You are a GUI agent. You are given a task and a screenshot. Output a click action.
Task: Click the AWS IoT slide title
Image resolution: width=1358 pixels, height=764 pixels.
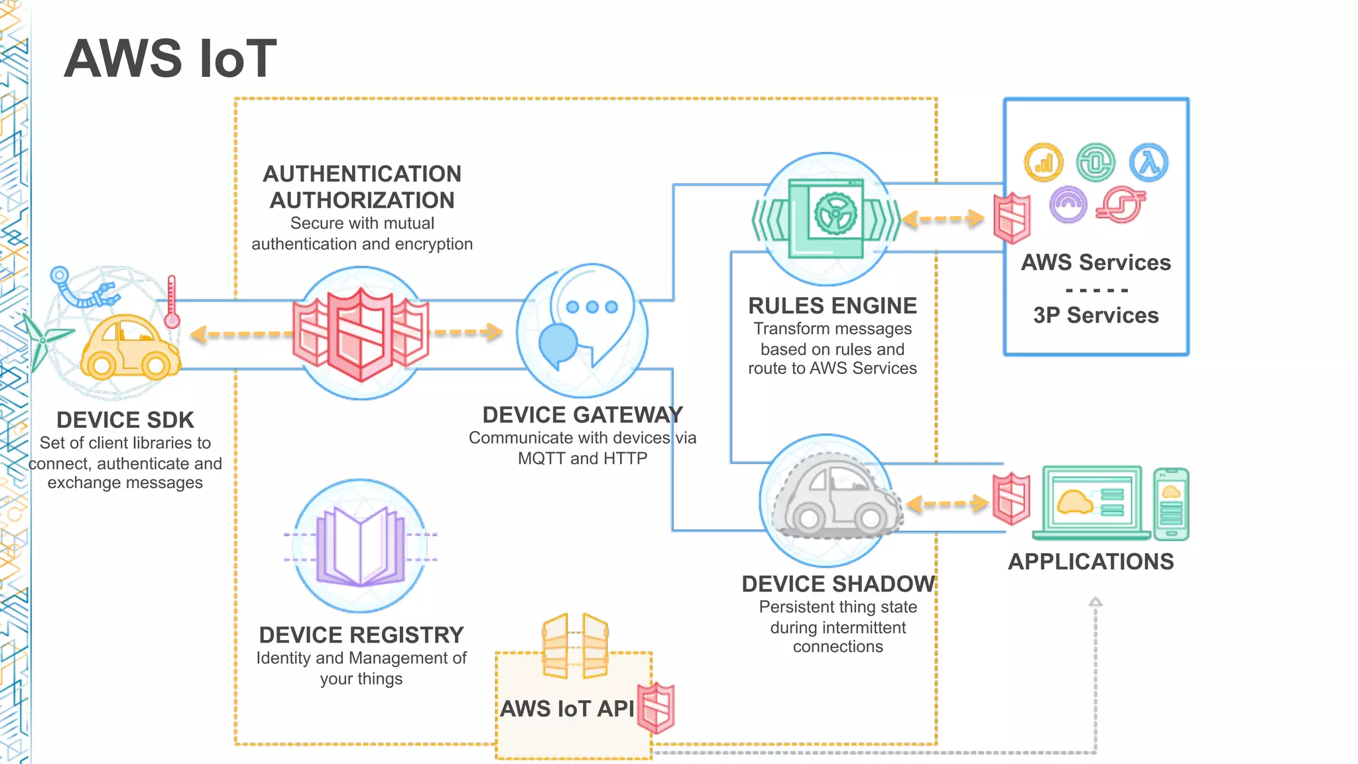coord(170,58)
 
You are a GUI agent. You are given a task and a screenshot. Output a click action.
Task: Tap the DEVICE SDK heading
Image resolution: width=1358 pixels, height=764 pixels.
coord(125,420)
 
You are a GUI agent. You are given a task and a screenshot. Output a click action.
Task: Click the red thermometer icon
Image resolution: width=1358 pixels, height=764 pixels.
coord(172,302)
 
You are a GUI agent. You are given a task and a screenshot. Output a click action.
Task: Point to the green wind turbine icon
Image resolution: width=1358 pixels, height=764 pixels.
coord(41,340)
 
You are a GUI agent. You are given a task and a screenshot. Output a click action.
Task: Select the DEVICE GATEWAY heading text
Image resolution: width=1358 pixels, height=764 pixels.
coord(582,414)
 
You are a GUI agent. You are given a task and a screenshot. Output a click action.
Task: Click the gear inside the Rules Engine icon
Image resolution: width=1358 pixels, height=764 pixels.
coord(835,214)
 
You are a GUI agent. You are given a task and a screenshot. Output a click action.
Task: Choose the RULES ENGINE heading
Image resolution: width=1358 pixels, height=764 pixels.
coord(832,306)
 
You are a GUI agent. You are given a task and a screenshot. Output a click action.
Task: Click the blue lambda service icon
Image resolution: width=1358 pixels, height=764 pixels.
coord(1148,162)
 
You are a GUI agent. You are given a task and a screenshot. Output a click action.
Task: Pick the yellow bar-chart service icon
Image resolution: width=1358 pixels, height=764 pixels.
coord(1044,162)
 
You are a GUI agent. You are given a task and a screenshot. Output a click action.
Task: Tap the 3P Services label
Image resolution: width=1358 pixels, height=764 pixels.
coord(1095,315)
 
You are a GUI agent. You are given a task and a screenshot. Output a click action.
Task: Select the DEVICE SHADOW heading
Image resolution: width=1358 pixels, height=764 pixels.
coord(837,584)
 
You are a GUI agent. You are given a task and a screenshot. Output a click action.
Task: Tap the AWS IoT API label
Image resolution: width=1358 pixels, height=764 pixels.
coord(567,708)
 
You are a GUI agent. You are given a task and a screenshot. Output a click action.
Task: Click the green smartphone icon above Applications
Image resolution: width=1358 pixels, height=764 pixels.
coord(1171,504)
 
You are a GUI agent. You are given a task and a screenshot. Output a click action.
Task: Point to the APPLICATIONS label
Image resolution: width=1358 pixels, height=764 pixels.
coord(1091,562)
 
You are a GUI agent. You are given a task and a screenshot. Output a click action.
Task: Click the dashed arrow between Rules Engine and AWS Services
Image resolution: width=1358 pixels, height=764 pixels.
coord(944,219)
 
